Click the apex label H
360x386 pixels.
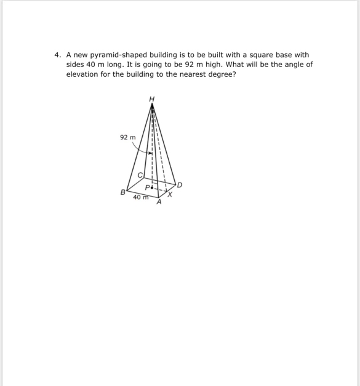pos(152,99)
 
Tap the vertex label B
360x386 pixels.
pos(122,193)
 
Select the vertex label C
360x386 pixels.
pos(140,176)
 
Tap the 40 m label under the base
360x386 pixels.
pos(141,197)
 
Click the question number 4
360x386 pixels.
pos(56,55)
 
